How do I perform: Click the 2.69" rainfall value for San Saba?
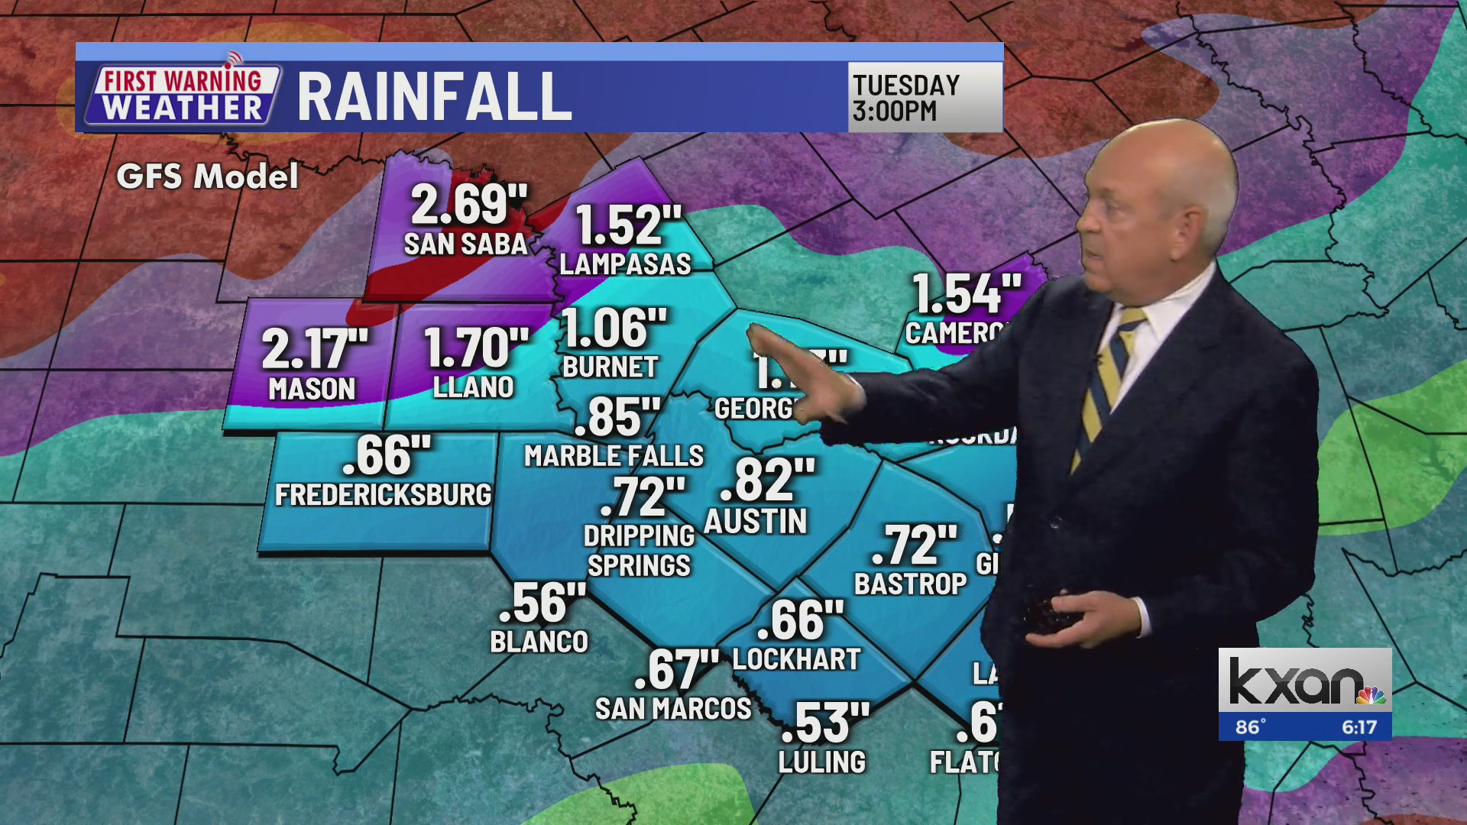coord(468,205)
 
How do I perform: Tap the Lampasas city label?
coord(625,264)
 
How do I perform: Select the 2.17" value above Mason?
coord(315,349)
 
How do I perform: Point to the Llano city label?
coord(473,387)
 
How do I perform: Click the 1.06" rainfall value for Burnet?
coord(614,328)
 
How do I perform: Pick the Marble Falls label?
coord(614,456)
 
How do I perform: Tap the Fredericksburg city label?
coord(383,495)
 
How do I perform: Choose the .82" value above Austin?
coord(767,480)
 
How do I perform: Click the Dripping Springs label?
coord(639,551)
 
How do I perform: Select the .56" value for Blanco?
coord(542,603)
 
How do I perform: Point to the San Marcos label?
coord(673,709)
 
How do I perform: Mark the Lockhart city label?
coord(796,659)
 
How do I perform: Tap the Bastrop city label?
coord(910,584)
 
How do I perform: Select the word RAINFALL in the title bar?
coord(434,97)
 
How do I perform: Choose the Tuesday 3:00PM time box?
coord(925,97)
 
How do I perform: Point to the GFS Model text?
coord(207,177)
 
